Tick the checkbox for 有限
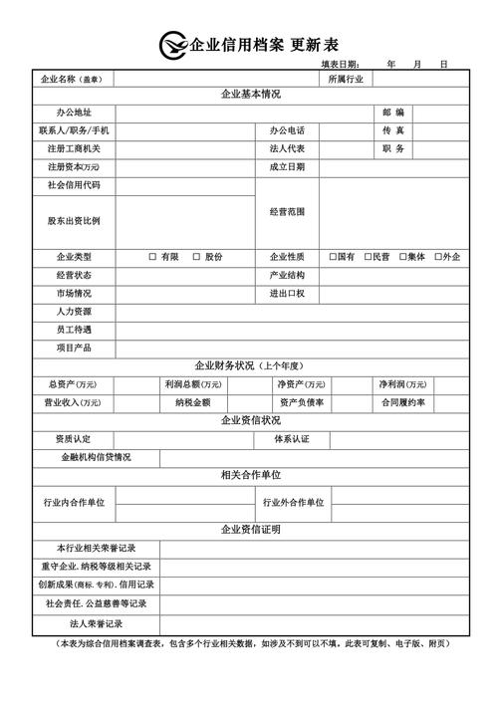(x=152, y=257)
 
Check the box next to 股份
(x=196, y=257)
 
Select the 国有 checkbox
(x=333, y=257)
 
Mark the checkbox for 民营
(x=368, y=257)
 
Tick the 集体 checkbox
(x=402, y=257)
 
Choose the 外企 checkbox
(x=438, y=257)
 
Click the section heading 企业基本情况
(x=250, y=95)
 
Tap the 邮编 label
(x=392, y=113)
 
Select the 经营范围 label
(x=287, y=212)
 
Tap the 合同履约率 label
(x=401, y=402)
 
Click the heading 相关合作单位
(x=250, y=475)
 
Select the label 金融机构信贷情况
(x=96, y=457)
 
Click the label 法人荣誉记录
(x=96, y=623)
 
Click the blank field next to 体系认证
(x=399, y=439)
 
